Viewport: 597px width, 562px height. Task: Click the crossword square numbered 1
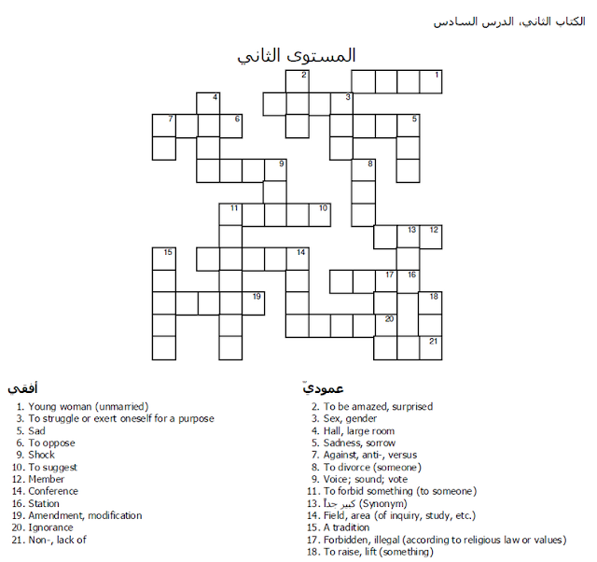pyautogui.click(x=430, y=82)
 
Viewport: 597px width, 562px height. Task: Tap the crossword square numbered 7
pyautogui.click(x=163, y=126)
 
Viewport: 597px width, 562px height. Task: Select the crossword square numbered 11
pyautogui.click(x=230, y=215)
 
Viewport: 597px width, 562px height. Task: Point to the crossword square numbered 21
pyautogui.click(x=430, y=347)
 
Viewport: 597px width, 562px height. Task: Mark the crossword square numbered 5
pyautogui.click(x=408, y=126)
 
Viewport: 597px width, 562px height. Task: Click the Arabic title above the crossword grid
pyautogui.click(x=297, y=55)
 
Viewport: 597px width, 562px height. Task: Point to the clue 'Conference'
pyautogui.click(x=53, y=491)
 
